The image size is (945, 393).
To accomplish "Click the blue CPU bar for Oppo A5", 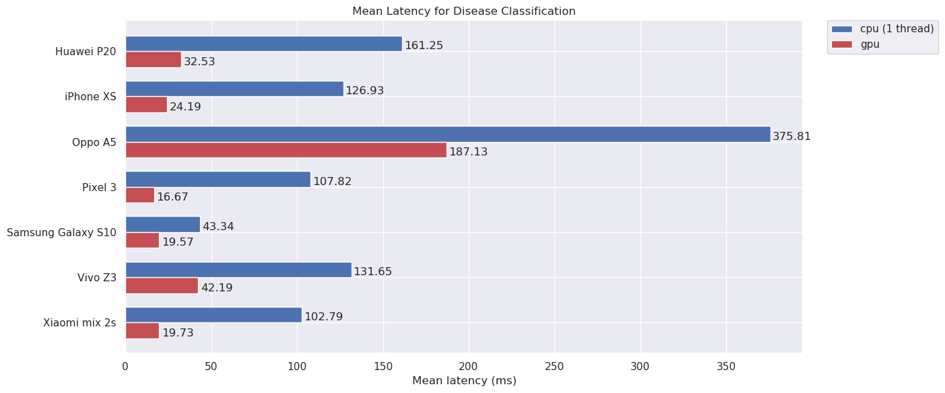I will (448, 135).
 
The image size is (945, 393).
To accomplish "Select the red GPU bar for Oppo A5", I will (286, 150).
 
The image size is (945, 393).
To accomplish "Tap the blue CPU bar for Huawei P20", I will (263, 44).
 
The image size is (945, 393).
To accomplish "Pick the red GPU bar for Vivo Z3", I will (162, 286).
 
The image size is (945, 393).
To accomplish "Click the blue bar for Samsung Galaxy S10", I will (163, 225).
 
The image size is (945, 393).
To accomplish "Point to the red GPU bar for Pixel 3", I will (140, 195).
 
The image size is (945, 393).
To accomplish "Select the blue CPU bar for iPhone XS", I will (234, 89).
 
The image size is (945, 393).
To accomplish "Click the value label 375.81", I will (791, 137).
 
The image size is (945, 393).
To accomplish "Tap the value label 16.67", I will (172, 197).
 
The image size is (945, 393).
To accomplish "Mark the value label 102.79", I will (323, 317).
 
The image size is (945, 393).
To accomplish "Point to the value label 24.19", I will (185, 107).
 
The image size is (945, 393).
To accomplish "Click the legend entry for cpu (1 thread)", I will (882, 29).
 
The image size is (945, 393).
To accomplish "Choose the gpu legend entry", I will (869, 44).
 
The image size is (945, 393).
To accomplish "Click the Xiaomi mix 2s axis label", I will (79, 323).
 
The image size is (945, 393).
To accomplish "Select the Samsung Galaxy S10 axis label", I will (61, 233).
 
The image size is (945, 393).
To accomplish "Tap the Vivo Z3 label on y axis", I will (96, 278).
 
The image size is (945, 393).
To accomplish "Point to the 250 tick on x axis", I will (554, 367).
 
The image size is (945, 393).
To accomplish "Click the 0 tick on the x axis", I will (125, 367).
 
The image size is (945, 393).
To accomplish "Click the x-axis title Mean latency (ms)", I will (464, 381).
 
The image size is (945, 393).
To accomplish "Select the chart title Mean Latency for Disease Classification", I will (463, 11).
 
